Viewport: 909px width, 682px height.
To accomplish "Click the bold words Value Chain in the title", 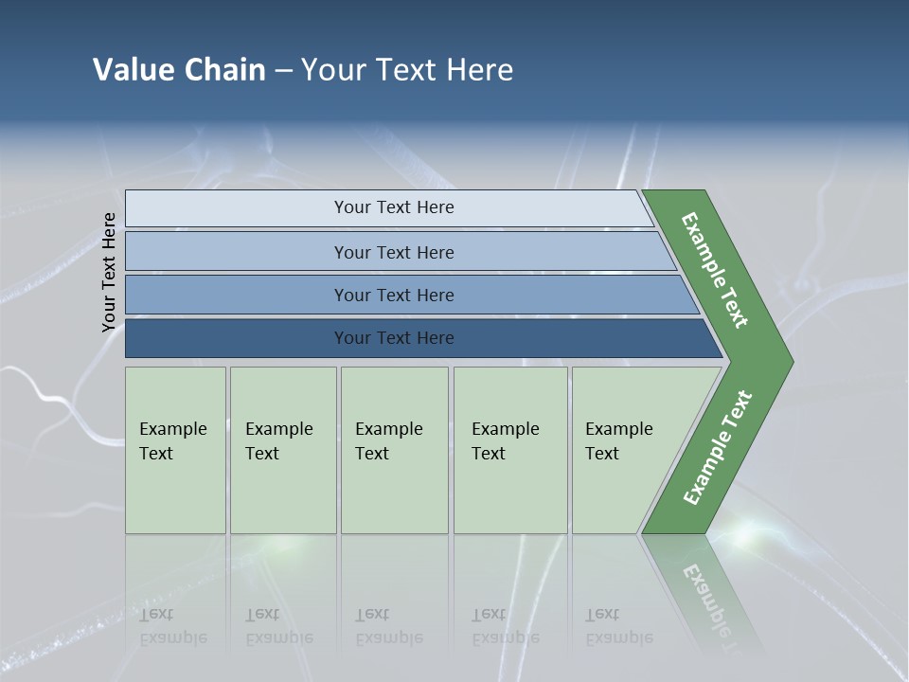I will (x=179, y=70).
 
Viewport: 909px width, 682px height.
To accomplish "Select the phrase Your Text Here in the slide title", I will (x=407, y=70).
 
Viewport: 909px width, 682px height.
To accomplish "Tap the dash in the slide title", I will (x=283, y=71).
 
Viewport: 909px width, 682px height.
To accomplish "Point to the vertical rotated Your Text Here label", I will (x=109, y=272).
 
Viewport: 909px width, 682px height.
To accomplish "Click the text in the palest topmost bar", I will (x=394, y=207).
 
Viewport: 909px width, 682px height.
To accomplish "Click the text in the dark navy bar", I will (x=394, y=338).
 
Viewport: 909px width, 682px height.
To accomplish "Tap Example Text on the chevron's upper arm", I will (x=715, y=270).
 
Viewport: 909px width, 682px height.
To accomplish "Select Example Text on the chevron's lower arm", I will (x=718, y=448).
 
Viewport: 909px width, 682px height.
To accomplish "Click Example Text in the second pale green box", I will (x=278, y=441).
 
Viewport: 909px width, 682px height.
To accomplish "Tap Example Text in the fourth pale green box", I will (x=505, y=441).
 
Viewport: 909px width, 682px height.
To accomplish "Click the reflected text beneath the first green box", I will (x=172, y=626).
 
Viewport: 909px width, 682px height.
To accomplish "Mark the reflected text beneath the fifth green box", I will (x=618, y=626).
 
